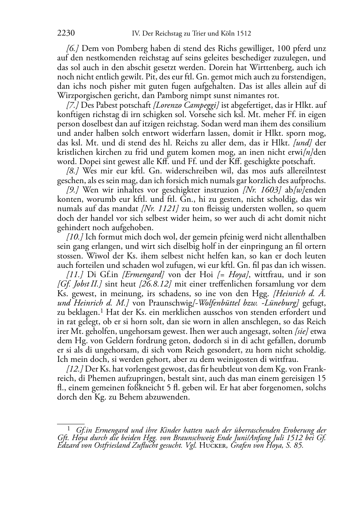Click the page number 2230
[x=66, y=33]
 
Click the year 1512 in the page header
[x=244, y=34]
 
